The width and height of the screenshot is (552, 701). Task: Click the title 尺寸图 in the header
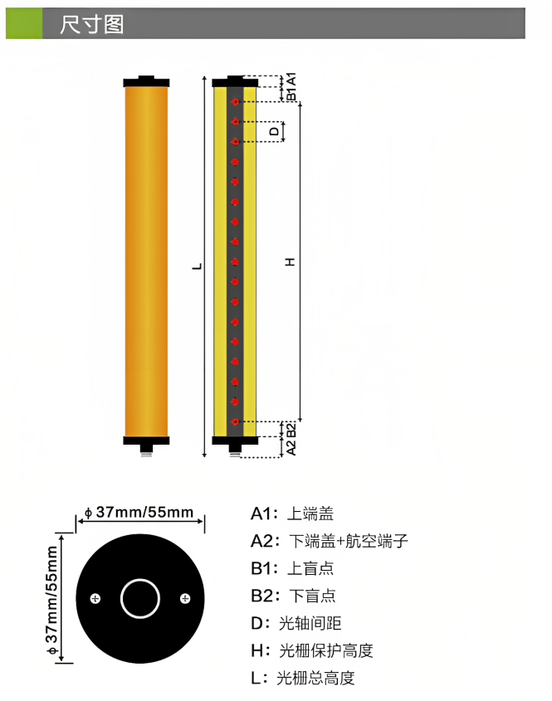(91, 24)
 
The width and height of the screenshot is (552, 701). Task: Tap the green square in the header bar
(24, 23)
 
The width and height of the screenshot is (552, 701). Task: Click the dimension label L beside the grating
(197, 266)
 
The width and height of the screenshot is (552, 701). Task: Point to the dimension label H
(290, 262)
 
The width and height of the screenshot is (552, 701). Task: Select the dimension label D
(274, 131)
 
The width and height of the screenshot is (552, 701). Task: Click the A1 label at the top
(291, 80)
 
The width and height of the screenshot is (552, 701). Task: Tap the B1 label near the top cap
(291, 94)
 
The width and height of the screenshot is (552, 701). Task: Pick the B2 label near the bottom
(291, 431)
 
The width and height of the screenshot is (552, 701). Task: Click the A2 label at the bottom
(291, 447)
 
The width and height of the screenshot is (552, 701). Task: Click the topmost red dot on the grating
(235, 102)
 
